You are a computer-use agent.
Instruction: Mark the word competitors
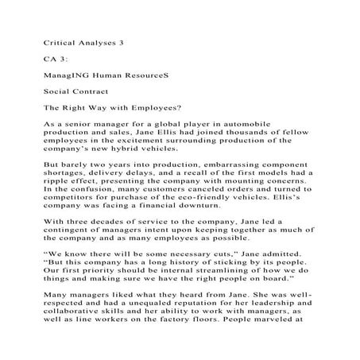[x=72, y=211]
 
